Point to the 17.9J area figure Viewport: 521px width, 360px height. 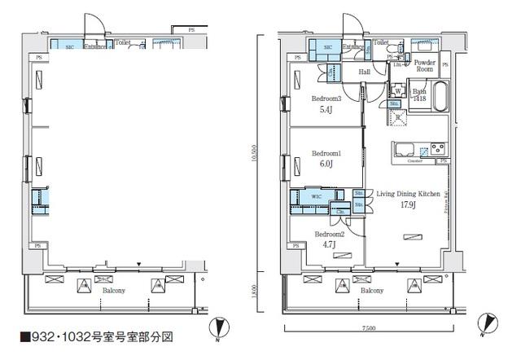point(407,204)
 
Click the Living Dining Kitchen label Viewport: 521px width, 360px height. point(408,194)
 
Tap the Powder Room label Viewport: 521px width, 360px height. point(425,66)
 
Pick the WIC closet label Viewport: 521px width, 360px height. point(316,195)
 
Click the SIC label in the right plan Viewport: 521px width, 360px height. point(327,48)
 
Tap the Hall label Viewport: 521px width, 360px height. point(366,72)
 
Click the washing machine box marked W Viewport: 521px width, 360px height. point(398,90)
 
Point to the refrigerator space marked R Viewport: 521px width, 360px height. point(398,116)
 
